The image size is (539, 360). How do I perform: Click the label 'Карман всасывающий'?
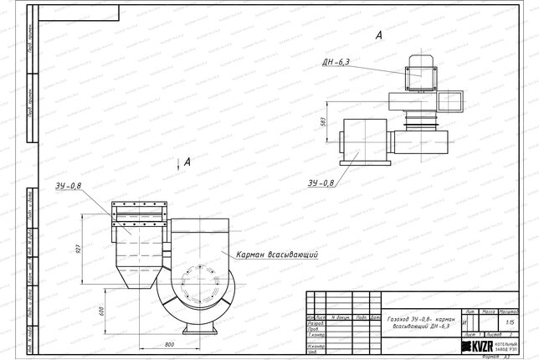(278, 254)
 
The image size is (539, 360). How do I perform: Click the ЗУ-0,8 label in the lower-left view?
(70, 186)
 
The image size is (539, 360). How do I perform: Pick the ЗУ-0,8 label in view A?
(321, 183)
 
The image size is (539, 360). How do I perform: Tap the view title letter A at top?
(379, 35)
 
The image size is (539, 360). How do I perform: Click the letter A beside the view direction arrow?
(187, 160)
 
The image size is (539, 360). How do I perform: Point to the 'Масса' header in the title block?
(490, 311)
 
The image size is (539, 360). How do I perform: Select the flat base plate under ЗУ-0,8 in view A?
(362, 160)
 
